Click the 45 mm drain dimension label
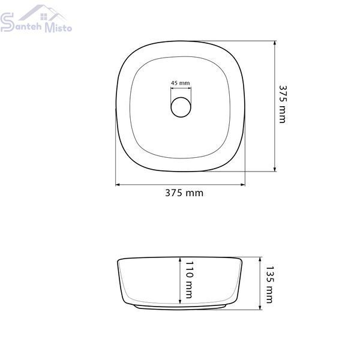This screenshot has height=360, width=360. (x=181, y=83)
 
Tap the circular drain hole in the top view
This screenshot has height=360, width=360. (x=181, y=107)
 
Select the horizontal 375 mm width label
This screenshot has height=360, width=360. (x=184, y=193)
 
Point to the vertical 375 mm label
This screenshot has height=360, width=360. (x=283, y=104)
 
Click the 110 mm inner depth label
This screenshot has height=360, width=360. (x=189, y=280)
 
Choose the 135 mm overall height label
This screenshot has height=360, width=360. (x=269, y=284)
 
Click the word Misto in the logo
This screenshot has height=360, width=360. (x=58, y=28)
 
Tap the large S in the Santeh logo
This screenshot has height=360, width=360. (x=7, y=22)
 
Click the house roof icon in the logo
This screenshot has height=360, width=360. (x=43, y=13)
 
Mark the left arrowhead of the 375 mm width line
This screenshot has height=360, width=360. (x=118, y=184)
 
